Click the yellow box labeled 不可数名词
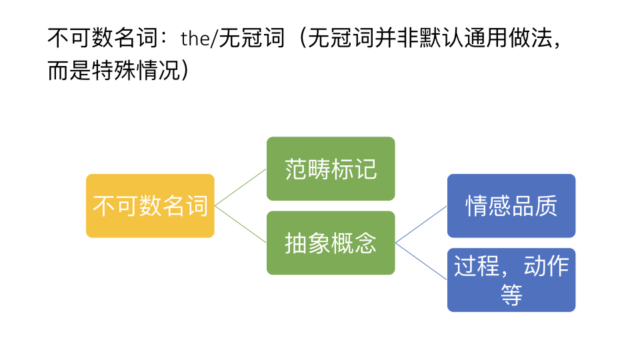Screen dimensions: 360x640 tap(150, 206)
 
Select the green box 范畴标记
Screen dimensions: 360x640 tap(331, 169)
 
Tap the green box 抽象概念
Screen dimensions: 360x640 tap(331, 243)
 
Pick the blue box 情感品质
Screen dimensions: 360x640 tap(511, 206)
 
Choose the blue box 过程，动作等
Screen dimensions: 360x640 tap(511, 280)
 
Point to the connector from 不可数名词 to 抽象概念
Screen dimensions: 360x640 tap(241, 224)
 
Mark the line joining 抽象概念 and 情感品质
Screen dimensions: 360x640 tap(421, 225)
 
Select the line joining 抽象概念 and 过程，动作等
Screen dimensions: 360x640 tap(421, 261)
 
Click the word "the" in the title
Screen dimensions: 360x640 tap(194, 39)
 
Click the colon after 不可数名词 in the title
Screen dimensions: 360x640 tap(167, 39)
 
